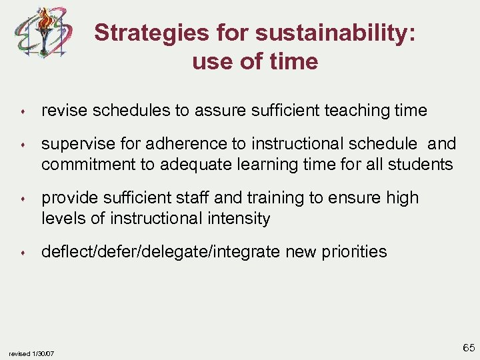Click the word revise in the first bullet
click(61, 111)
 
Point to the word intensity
click(240, 218)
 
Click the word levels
click(65, 218)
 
